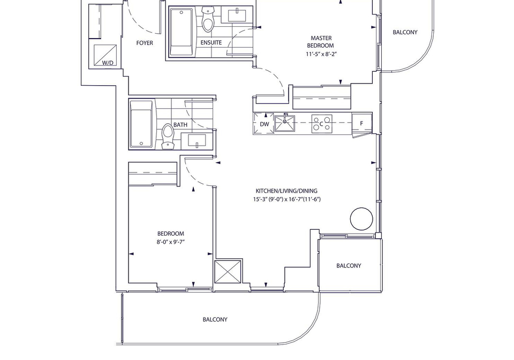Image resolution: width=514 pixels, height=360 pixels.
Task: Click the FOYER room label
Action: click(x=145, y=43)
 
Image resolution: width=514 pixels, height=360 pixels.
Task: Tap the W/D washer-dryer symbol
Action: click(x=105, y=55)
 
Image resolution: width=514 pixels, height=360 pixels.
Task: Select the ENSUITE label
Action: click(x=211, y=43)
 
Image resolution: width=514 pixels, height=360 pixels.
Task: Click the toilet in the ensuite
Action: click(x=207, y=19)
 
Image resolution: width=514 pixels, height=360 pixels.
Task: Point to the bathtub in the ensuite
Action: click(x=181, y=32)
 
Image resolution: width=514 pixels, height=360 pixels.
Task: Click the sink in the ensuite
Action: click(x=237, y=16)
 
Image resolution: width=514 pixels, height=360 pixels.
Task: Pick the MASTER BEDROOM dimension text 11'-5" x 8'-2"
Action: click(x=321, y=54)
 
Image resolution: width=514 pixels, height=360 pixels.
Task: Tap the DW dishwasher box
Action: click(x=264, y=124)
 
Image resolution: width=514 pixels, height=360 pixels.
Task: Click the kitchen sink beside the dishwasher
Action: click(x=284, y=123)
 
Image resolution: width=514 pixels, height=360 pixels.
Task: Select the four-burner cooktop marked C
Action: click(x=322, y=124)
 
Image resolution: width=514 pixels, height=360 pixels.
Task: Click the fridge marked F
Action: click(x=362, y=123)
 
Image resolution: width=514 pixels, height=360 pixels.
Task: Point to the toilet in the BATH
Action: click(x=168, y=136)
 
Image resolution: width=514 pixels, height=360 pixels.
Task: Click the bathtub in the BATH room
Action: click(x=141, y=124)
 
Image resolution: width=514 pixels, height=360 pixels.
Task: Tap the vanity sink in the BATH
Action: click(x=196, y=141)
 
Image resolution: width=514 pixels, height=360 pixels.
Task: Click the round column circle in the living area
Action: click(x=361, y=219)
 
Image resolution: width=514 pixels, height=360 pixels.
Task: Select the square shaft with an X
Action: click(x=228, y=272)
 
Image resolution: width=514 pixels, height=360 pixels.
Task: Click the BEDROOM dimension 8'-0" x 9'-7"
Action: click(x=171, y=242)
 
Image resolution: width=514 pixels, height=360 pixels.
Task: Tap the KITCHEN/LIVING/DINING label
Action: click(x=286, y=191)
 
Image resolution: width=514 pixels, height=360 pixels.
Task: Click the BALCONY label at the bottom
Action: click(x=215, y=319)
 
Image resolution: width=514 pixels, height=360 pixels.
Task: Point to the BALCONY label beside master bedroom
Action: click(x=405, y=32)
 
